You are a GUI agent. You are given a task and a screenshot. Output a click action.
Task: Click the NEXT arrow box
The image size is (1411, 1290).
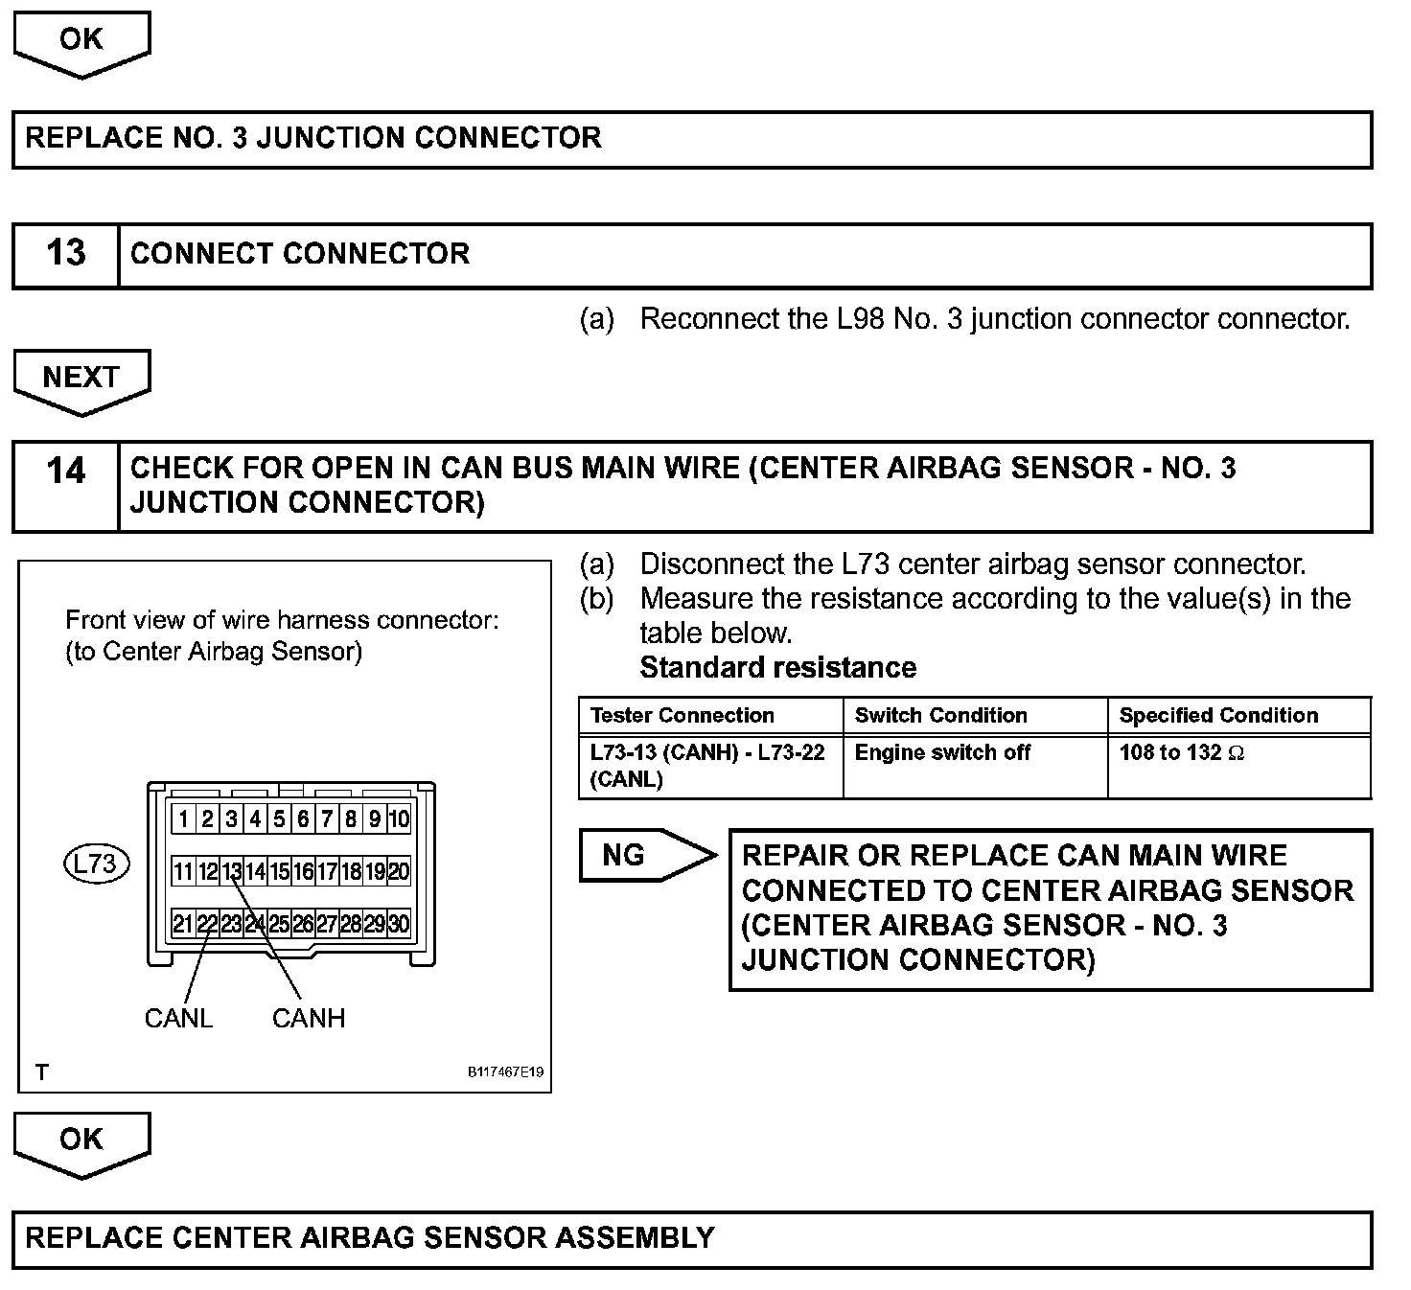81,378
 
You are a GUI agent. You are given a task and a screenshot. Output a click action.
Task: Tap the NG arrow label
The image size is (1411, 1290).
625,854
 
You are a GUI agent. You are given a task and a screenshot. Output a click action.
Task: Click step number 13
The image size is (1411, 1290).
66,253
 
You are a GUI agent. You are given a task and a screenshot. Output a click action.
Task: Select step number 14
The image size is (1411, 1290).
66,471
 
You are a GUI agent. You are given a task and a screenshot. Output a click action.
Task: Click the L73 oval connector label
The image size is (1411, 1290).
96,864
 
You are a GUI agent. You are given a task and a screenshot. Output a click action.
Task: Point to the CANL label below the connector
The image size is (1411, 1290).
178,1018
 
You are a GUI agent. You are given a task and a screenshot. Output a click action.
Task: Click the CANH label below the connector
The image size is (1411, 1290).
309,1018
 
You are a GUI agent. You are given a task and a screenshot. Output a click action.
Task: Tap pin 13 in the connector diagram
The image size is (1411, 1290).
231,871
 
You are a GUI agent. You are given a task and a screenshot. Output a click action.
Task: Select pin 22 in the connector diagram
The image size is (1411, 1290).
207,924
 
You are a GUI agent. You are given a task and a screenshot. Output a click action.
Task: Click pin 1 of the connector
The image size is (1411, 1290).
183,819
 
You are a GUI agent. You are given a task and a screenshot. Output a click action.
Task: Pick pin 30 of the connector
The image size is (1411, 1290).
399,924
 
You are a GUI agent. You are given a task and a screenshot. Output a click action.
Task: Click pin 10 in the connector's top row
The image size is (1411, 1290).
399,819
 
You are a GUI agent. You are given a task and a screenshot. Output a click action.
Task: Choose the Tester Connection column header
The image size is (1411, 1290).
682,715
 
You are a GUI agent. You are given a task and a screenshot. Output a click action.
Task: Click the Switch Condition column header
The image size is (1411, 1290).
940,715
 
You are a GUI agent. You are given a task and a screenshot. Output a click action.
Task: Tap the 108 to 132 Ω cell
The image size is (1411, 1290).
1182,752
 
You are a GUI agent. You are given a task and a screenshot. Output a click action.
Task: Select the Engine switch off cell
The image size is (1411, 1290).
942,752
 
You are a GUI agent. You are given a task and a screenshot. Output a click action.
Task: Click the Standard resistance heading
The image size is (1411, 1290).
777,667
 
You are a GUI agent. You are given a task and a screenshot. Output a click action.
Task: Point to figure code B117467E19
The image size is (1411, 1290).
505,1071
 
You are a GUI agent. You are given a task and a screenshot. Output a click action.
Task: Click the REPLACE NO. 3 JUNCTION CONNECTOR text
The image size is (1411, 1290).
313,138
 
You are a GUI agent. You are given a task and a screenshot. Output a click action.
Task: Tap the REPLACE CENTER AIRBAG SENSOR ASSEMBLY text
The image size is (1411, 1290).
370,1237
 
